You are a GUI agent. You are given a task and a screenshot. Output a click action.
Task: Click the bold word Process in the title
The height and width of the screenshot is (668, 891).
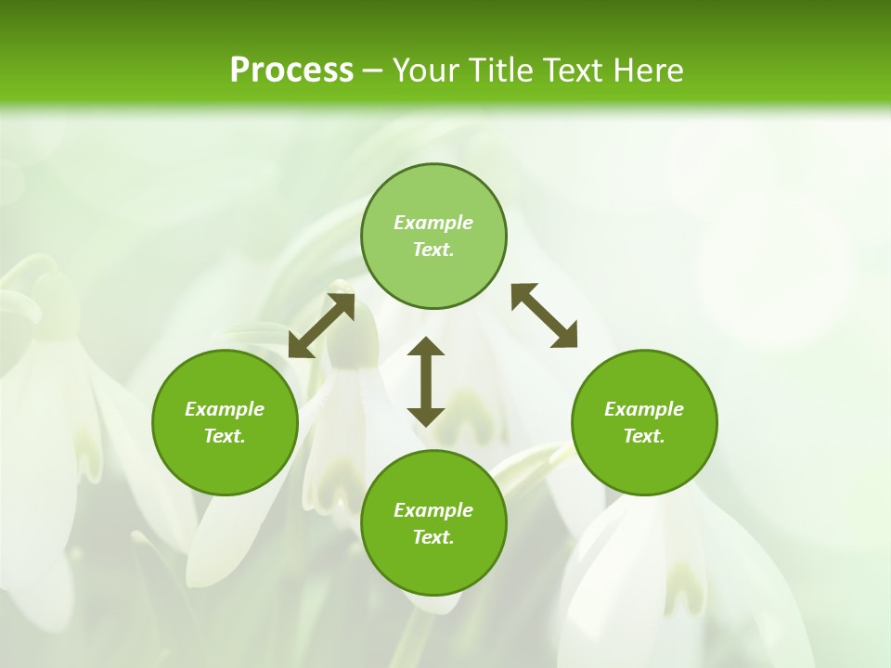pos(291,71)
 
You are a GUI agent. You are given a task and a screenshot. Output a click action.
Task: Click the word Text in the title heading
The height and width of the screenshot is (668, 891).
pos(575,71)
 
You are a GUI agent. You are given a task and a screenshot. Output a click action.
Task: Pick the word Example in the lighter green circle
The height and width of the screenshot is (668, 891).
pos(433,223)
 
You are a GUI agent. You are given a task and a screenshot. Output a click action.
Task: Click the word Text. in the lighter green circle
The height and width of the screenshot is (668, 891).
pos(433,250)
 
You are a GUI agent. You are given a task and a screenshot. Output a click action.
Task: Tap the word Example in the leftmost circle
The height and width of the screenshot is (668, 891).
pos(225,409)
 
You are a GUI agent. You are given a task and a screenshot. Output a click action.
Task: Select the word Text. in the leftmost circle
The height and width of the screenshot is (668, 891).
pos(225,436)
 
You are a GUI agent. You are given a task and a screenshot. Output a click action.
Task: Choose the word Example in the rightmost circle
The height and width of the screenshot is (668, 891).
pos(644,409)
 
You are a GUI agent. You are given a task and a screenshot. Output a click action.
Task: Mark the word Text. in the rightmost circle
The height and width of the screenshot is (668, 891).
pos(644,436)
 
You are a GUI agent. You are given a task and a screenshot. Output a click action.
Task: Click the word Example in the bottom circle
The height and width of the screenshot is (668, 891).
pos(433,510)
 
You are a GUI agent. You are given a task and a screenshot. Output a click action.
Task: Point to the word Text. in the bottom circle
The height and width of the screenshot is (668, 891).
pos(433,537)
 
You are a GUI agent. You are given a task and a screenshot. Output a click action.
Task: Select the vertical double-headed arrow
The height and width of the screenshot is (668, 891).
pos(426,381)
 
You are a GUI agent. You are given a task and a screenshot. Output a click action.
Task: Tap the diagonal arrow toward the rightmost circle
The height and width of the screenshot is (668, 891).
pos(544,315)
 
